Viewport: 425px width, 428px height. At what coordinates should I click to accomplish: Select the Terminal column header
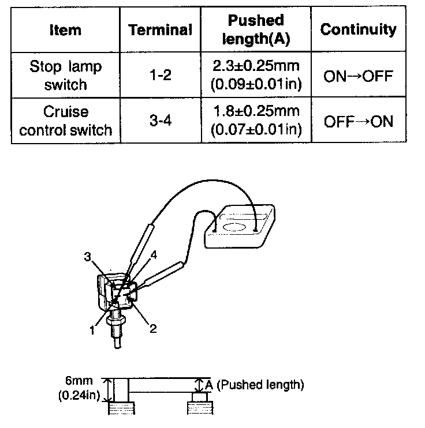pyautogui.click(x=160, y=30)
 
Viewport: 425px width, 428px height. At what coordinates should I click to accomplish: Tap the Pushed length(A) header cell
pyautogui.click(x=256, y=29)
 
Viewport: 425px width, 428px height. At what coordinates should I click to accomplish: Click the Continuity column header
pyautogui.click(x=358, y=29)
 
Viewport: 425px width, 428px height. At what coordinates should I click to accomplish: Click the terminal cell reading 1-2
pyautogui.click(x=160, y=75)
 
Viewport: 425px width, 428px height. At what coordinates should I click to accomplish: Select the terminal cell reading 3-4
pyautogui.click(x=160, y=121)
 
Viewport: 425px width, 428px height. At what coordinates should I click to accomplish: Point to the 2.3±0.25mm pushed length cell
pyautogui.click(x=256, y=75)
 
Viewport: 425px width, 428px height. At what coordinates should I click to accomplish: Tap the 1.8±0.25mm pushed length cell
pyautogui.click(x=256, y=121)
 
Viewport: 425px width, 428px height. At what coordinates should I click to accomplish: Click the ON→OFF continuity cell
pyautogui.click(x=358, y=76)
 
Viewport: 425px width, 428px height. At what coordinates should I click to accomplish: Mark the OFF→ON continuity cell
pyautogui.click(x=358, y=121)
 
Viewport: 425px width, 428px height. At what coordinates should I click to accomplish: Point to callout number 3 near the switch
pyautogui.click(x=87, y=258)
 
